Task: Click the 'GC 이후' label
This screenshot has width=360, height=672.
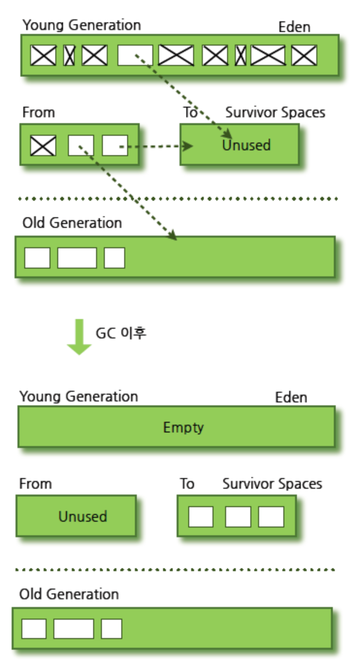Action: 120,334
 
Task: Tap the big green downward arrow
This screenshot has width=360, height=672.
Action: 79,337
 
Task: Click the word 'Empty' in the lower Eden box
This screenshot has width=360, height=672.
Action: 183,428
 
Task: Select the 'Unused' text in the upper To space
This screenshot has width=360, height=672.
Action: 246,145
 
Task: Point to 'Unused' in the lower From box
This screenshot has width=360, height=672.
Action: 82,516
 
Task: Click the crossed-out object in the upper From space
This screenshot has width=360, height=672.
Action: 43,145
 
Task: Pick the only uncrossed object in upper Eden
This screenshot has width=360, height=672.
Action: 135,55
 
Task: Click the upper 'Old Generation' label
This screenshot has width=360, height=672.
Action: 72,223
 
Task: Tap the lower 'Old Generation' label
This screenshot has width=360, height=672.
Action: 69,594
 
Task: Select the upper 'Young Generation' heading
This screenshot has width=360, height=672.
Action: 82,25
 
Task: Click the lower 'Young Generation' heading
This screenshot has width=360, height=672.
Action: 79,397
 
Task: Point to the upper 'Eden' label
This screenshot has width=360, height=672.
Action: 294,27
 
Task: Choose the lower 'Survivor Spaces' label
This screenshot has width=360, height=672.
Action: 272,484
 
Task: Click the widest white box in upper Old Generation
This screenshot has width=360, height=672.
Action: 77,257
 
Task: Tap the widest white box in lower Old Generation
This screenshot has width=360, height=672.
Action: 73,629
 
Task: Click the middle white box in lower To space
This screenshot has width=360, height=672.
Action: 238,517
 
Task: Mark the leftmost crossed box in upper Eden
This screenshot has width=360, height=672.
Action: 43,55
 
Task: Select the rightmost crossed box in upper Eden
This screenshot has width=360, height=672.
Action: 304,55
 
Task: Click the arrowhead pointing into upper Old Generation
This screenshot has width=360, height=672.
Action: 172,236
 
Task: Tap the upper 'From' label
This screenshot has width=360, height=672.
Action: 39,113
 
